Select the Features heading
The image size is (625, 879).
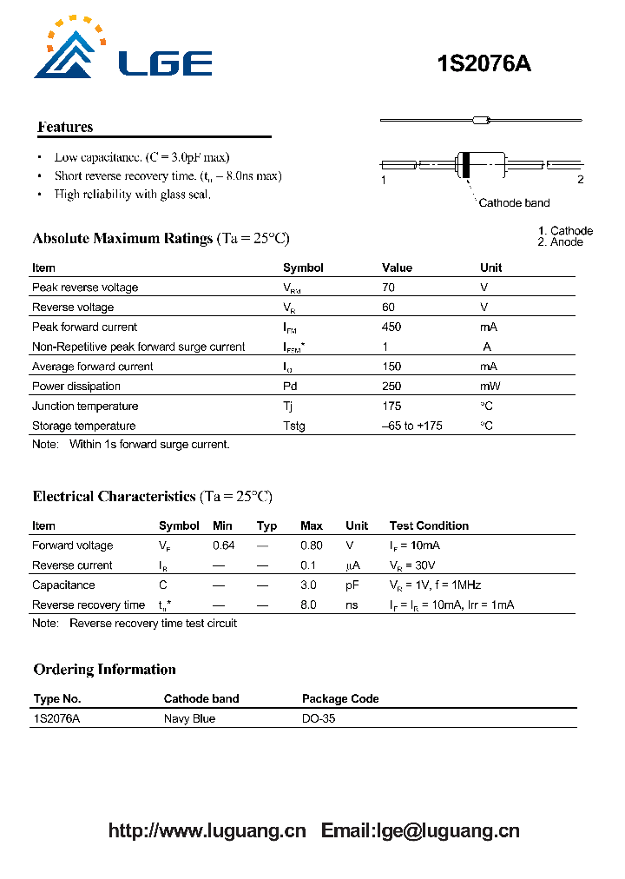65,127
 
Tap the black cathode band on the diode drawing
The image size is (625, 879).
465,164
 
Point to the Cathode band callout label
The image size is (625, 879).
514,202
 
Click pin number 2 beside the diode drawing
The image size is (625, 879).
580,180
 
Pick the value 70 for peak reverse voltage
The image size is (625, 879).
388,287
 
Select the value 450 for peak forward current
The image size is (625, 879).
391,327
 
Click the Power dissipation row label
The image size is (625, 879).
76,387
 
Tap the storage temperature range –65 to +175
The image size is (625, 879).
411,426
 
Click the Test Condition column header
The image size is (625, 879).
429,525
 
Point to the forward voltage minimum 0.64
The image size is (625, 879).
223,545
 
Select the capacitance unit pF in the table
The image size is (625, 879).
352,585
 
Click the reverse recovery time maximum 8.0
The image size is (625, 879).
308,605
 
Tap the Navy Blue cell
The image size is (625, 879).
189,718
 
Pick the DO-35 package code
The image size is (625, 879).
318,718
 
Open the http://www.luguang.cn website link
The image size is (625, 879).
207,830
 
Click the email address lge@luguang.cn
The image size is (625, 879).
445,830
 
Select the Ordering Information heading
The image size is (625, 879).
104,669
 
